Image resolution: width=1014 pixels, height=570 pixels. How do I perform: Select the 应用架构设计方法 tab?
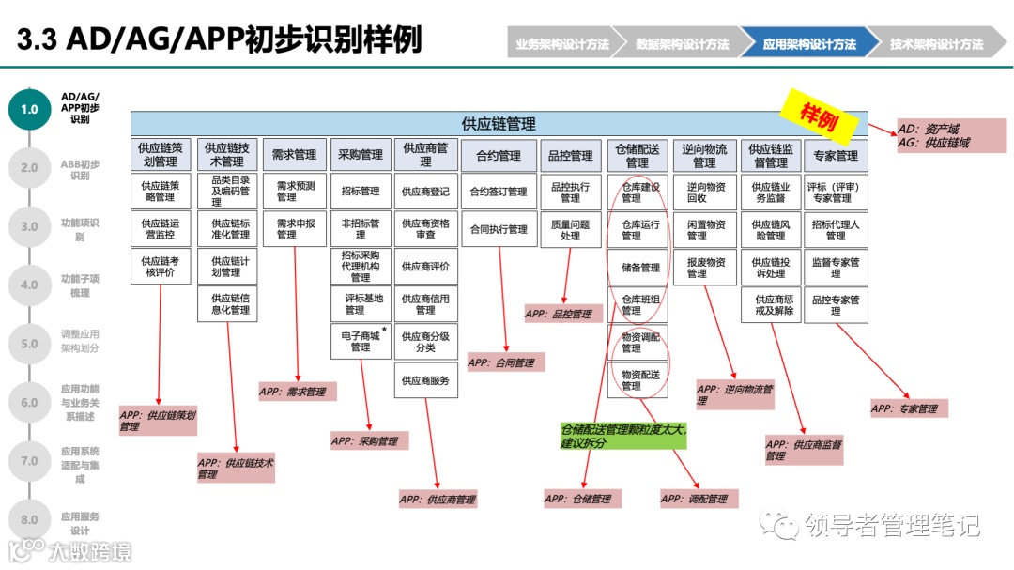[809, 43]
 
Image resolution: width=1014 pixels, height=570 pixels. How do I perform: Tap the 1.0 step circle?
[30, 109]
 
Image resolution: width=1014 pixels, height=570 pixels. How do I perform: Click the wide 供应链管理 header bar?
[499, 124]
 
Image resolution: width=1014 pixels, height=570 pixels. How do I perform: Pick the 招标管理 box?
[361, 192]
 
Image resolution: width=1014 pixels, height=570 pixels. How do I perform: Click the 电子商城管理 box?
[361, 341]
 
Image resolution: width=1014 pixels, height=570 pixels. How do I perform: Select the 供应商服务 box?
[425, 380]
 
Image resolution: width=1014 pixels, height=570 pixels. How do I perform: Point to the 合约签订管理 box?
[499, 192]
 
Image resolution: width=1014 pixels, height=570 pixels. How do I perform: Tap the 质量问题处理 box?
[570, 229]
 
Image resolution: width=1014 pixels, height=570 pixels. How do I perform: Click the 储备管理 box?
[640, 268]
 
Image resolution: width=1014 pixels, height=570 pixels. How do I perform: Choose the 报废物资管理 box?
[705, 268]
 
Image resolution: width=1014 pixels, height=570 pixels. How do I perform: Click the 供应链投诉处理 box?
[770, 268]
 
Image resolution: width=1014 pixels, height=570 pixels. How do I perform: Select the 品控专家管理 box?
[836, 305]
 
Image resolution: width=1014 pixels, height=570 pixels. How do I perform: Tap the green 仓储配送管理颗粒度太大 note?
[623, 436]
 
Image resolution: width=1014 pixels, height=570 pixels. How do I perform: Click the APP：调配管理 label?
[699, 499]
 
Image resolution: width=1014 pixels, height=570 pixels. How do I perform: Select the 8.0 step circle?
[30, 519]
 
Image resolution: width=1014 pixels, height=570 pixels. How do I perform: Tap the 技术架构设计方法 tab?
[936, 43]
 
